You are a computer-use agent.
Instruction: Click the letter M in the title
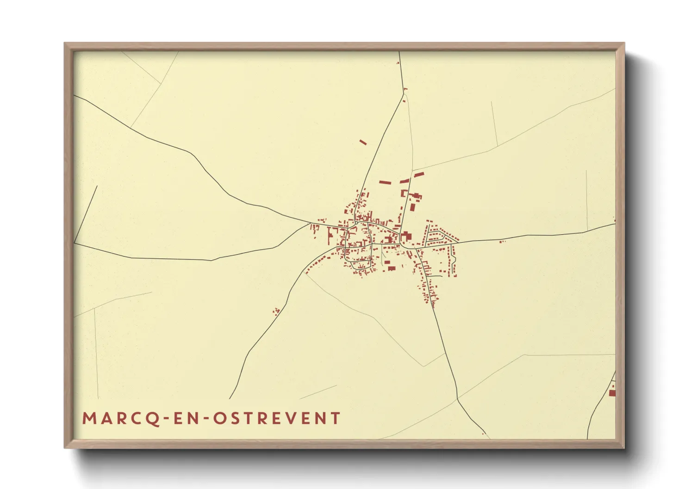pos(89,418)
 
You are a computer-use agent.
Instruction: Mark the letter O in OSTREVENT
pos(220,418)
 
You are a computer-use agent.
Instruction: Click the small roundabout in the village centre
pos(355,224)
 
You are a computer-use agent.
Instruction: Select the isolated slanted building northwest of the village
pos(363,142)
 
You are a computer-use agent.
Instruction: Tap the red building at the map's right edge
pos(612,393)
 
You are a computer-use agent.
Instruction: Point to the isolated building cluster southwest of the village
pos(276,311)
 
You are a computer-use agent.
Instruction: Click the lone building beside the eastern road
pos(502,241)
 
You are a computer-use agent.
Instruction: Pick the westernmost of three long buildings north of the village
pos(385,183)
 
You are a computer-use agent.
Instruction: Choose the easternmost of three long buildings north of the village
pos(419,175)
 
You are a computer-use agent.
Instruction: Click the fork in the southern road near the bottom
pos(458,398)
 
